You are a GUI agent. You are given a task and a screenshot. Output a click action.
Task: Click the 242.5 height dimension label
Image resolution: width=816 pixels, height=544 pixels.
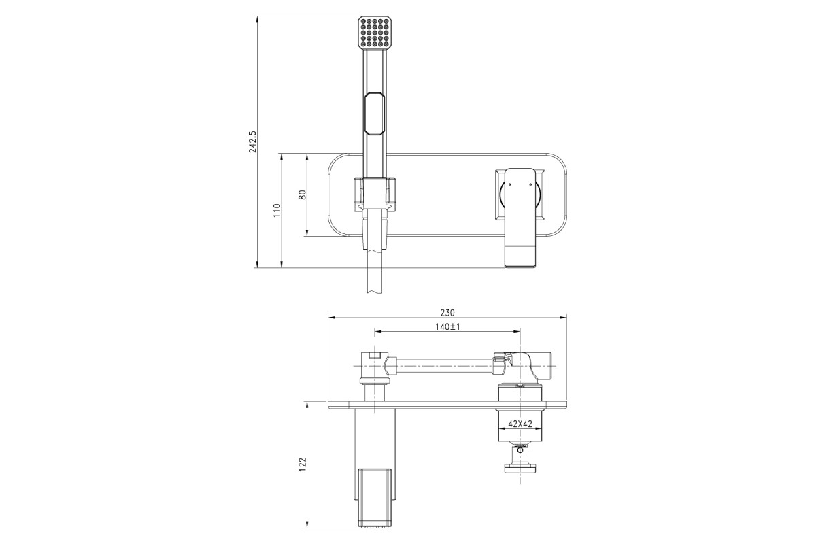click(253, 141)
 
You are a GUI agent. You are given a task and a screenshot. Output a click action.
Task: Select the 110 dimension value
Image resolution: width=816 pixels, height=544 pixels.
click(277, 211)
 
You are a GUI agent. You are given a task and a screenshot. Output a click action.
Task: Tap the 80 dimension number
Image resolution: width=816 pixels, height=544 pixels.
click(303, 194)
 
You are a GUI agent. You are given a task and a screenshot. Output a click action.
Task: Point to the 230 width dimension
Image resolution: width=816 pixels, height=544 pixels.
click(447, 313)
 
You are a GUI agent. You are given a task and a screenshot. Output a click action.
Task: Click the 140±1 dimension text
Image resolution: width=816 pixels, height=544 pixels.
click(447, 327)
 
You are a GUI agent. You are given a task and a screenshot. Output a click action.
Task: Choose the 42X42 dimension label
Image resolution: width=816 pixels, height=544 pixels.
click(520, 424)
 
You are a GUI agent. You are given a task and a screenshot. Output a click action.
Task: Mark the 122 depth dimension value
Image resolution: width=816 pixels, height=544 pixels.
click(303, 464)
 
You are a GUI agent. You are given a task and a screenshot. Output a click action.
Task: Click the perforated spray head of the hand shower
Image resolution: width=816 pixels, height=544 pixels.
click(375, 33)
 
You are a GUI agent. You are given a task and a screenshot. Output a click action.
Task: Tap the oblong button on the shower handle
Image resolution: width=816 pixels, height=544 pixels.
click(375, 114)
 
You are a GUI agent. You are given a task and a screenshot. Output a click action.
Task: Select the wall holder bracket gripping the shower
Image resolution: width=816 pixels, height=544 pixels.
click(375, 194)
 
